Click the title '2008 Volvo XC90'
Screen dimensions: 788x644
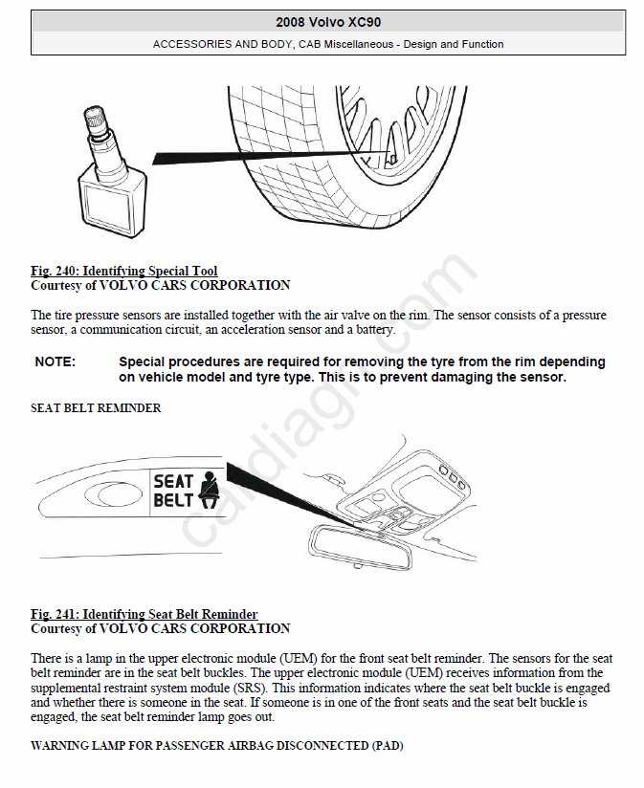(328, 21)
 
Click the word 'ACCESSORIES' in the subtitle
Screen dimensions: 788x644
(191, 44)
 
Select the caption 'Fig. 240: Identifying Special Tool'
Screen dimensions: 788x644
(123, 272)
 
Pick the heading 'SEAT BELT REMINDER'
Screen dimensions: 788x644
(96, 408)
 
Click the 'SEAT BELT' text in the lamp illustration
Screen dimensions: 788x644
(174, 491)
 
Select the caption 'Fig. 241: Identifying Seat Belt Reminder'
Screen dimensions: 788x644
(144, 614)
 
